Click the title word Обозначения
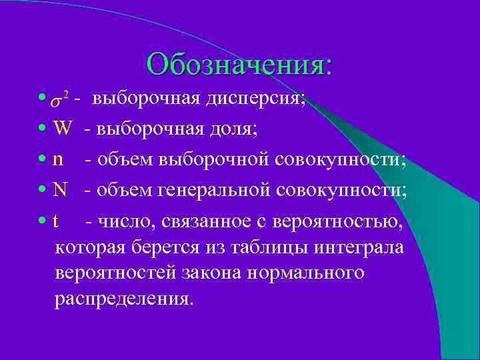239,65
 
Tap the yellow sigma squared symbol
61,100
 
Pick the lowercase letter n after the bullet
59,159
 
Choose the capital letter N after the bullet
60,189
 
